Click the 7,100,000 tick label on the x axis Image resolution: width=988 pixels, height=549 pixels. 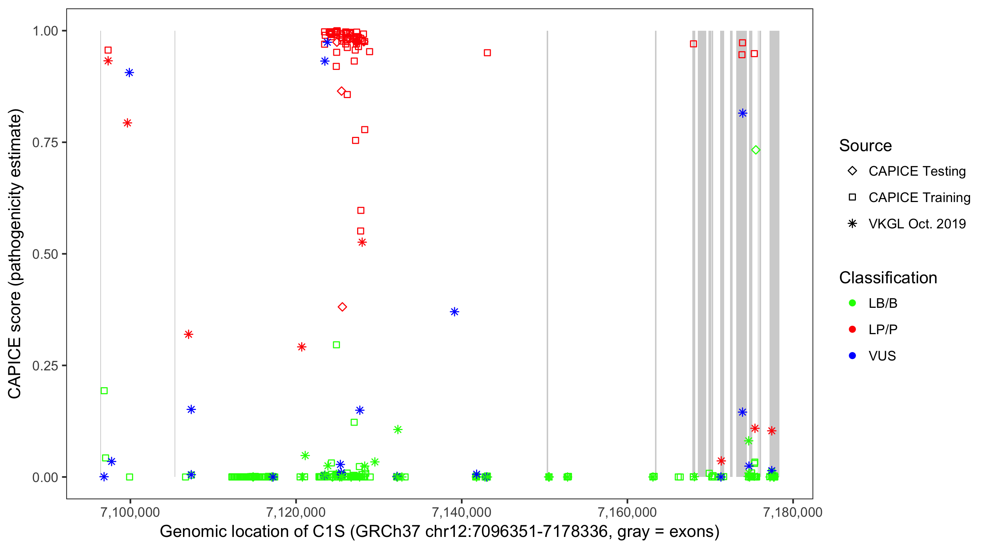point(130,512)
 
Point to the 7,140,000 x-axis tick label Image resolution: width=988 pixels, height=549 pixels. point(461,512)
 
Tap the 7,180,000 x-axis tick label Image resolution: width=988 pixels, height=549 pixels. point(793,512)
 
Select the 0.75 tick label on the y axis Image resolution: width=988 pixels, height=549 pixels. point(45,143)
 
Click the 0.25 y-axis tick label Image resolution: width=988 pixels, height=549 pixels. point(45,366)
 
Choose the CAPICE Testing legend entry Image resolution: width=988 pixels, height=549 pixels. point(917,171)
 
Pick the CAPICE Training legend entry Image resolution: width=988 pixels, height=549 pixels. point(919,198)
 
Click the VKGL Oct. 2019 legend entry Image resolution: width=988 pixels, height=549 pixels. point(917,224)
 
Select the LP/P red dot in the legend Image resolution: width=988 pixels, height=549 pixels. point(852,329)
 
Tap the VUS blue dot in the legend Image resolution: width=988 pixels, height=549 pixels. point(852,356)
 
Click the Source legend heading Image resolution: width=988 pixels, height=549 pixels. point(865,146)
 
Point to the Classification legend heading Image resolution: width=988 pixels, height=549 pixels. point(888,278)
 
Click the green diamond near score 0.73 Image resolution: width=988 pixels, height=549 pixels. point(756,150)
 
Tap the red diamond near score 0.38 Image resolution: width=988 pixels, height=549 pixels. point(343,307)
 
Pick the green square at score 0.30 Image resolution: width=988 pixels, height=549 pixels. point(336,345)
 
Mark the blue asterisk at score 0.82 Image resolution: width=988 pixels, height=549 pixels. point(742,113)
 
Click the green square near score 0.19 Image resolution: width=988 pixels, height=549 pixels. point(104,391)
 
